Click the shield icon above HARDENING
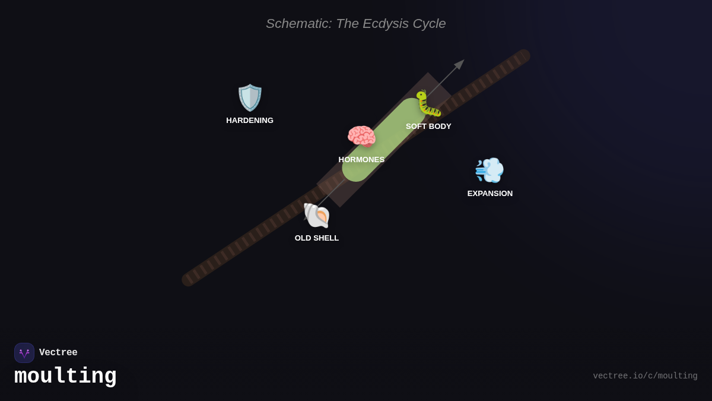[250, 97]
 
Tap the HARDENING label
[250, 121]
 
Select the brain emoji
[361, 137]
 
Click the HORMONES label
[361, 160]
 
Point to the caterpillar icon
[428, 103]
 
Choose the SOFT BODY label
[428, 127]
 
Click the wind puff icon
[490, 170]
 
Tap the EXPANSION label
[490, 194]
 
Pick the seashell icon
[316, 215]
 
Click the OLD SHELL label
[317, 238]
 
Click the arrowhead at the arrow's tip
[460, 64]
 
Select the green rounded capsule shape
[384, 140]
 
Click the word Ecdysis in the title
[386, 24]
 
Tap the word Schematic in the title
[298, 24]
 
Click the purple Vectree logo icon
[24, 353]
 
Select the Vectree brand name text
[58, 353]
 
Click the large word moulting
[65, 376]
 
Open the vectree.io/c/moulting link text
[645, 376]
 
